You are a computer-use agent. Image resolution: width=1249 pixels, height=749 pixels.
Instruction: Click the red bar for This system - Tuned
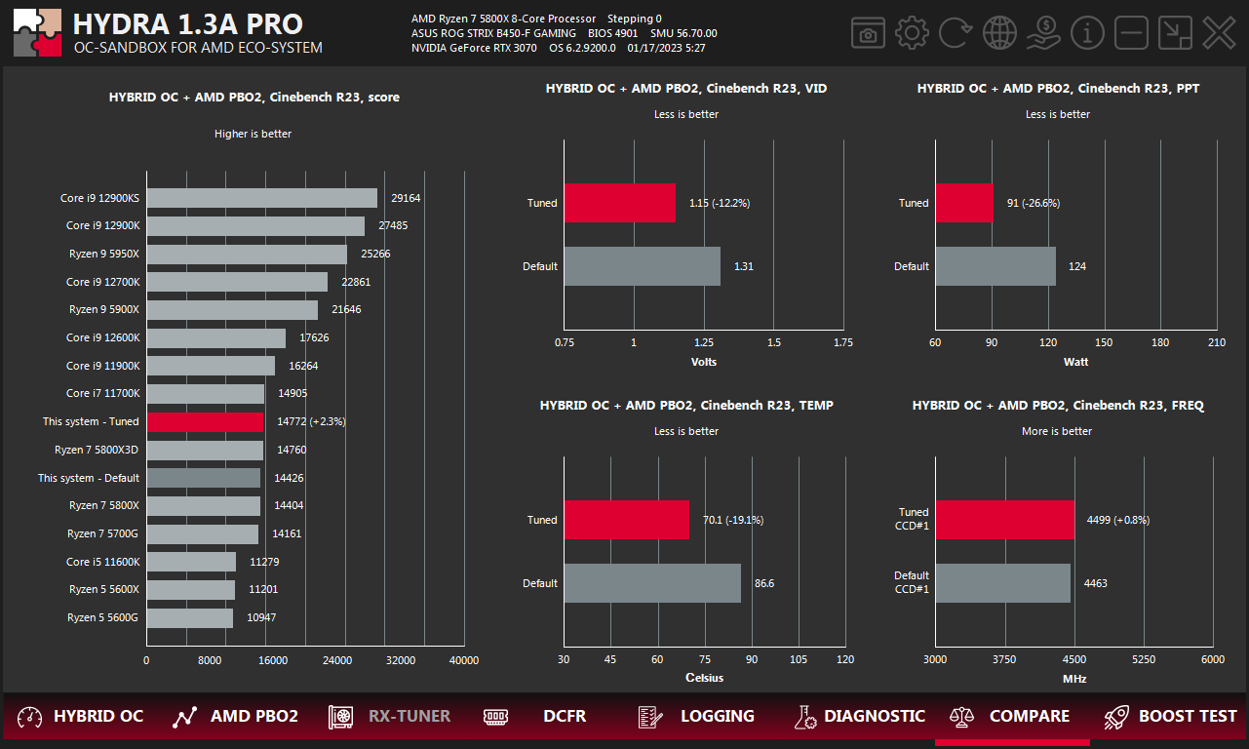(205, 422)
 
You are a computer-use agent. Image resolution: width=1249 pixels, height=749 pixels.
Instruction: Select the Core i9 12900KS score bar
(261, 198)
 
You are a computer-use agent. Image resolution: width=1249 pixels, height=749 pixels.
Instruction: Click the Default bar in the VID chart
(642, 266)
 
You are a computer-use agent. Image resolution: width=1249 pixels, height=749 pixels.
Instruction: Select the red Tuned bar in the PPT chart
(964, 203)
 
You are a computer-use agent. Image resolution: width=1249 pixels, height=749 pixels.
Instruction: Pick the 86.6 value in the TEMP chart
(764, 584)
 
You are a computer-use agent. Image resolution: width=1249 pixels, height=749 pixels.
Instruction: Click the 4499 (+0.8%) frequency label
(1117, 520)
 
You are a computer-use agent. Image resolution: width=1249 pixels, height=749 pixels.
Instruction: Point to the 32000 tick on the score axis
(400, 661)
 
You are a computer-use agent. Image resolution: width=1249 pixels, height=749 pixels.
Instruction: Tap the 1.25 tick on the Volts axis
(704, 343)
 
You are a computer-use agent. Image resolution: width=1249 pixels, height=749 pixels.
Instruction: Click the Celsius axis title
(704, 678)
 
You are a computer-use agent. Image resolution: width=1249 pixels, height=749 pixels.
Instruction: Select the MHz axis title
(1074, 678)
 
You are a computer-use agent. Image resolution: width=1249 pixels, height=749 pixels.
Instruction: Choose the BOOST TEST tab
(1169, 717)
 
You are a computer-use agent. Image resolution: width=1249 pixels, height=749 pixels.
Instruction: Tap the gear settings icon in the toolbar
(912, 33)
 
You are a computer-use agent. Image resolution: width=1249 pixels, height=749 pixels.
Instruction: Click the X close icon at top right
(1218, 33)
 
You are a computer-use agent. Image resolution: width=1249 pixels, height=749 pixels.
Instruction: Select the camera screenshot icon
(867, 33)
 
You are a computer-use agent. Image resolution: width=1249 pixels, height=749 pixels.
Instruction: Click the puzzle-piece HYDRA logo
(37, 33)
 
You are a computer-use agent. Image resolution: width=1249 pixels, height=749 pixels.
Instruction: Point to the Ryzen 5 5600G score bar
(190, 618)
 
